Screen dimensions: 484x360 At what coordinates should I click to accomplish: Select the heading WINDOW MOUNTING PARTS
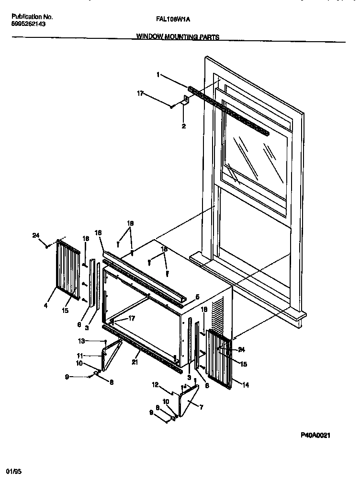(178, 36)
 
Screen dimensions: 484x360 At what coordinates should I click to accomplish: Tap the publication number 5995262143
(28, 23)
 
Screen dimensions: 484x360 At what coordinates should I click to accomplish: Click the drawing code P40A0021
(316, 435)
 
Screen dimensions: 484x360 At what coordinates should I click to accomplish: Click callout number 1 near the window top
(157, 75)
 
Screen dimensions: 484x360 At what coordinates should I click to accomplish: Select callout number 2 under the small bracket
(183, 127)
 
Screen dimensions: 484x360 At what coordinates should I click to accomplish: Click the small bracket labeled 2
(184, 101)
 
